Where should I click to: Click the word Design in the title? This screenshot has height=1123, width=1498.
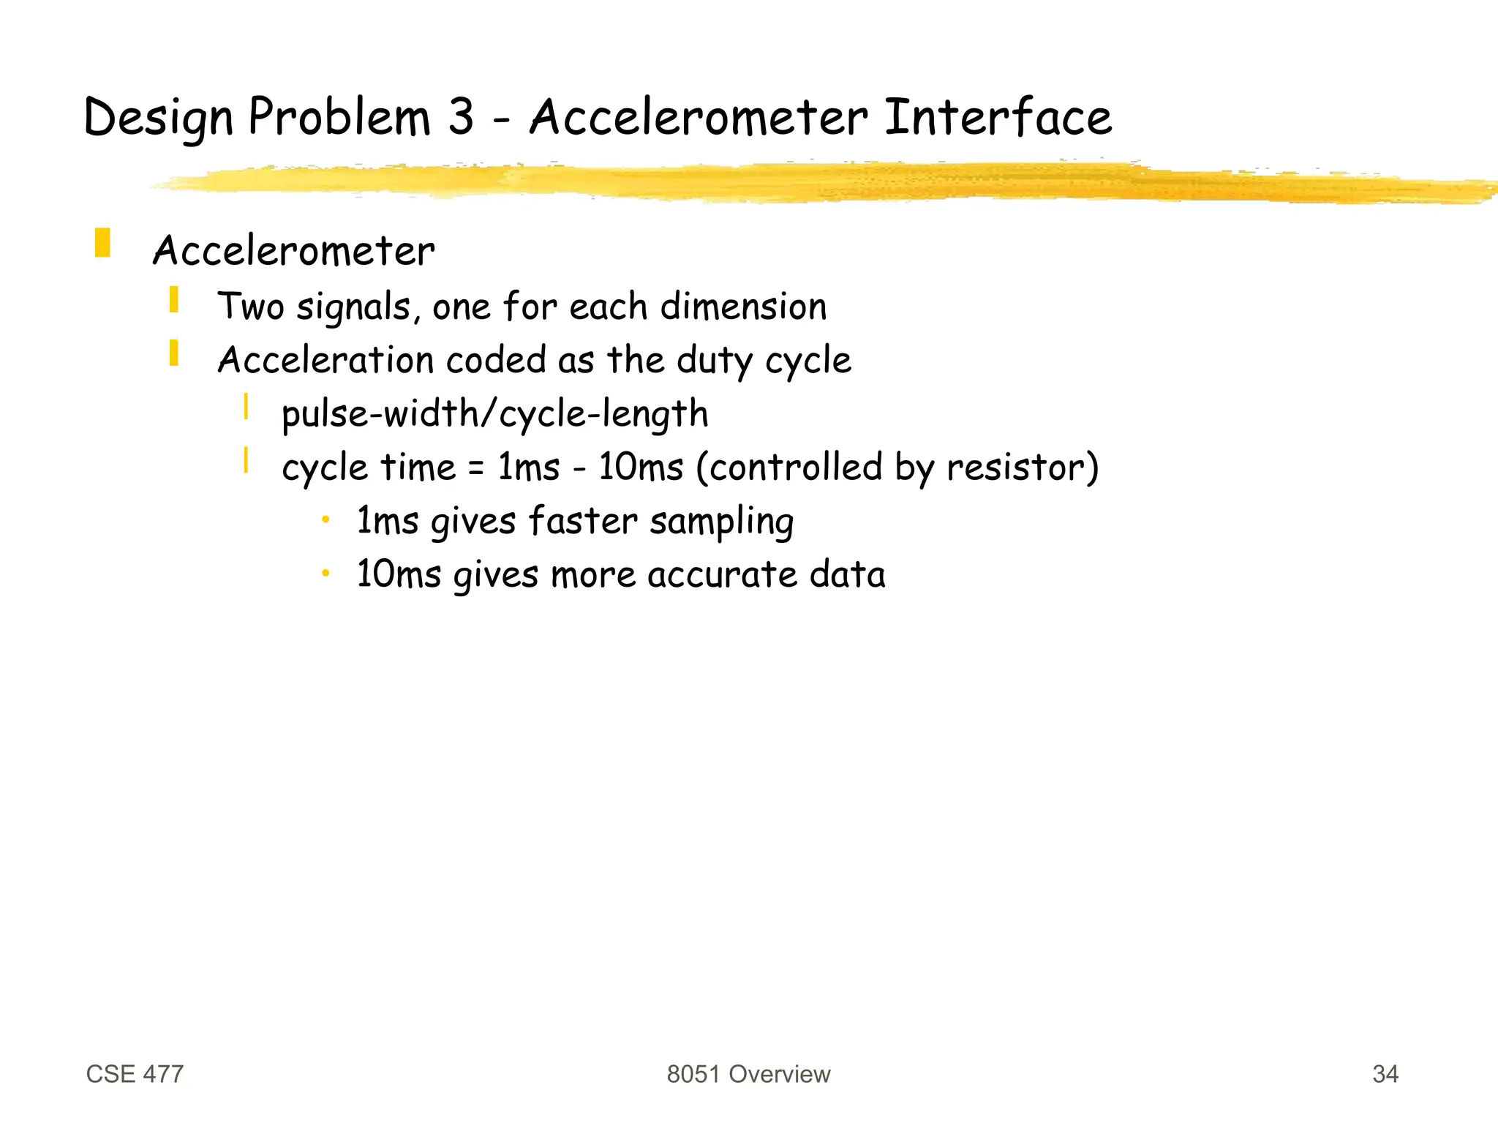point(158,119)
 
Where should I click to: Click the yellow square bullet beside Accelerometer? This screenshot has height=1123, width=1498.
point(102,244)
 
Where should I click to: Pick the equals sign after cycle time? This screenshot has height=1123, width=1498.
point(476,468)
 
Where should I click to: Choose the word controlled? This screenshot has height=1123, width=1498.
point(796,467)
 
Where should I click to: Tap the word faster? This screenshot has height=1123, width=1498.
point(582,521)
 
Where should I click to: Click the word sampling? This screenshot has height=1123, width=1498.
point(721,522)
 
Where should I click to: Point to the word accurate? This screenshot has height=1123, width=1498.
point(721,575)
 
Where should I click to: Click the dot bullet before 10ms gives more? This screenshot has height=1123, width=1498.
point(326,573)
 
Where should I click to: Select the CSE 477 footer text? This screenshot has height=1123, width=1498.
point(135,1074)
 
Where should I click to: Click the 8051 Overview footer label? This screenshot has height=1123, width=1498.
point(748,1074)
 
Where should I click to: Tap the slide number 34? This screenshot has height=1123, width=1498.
point(1385,1074)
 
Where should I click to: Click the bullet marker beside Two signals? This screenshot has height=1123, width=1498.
point(174,300)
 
